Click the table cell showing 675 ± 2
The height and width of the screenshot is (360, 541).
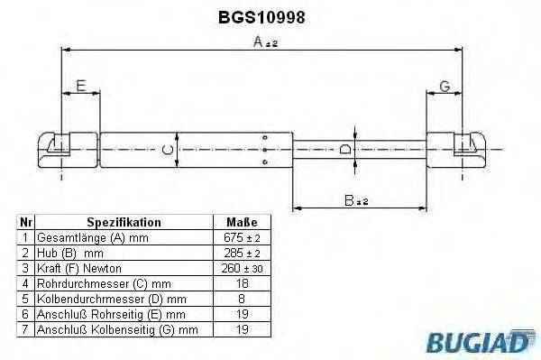tap(240, 236)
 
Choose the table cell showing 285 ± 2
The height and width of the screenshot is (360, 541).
tap(240, 252)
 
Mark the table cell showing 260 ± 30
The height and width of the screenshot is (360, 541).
tap(240, 268)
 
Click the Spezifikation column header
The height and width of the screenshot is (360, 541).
tap(124, 221)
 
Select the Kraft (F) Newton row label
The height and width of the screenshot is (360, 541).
tap(78, 268)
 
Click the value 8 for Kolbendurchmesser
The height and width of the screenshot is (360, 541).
tap(240, 299)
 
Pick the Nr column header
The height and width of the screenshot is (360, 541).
tap(26, 221)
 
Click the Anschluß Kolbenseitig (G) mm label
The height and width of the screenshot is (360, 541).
tap(116, 330)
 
